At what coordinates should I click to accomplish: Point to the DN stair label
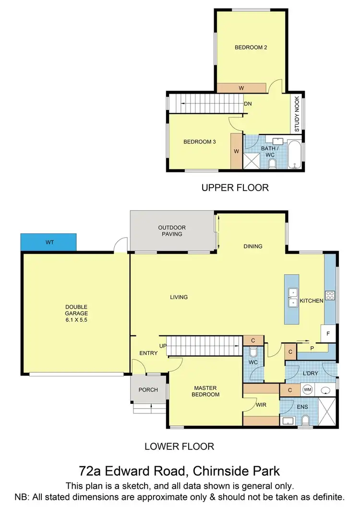tap(248, 104)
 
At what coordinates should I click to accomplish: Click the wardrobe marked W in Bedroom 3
tap(236, 151)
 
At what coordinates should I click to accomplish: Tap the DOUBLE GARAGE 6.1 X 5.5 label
tap(77, 313)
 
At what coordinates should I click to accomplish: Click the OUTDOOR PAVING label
tap(172, 230)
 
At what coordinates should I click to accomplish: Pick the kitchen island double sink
tap(292, 298)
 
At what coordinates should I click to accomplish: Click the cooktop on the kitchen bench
tap(330, 295)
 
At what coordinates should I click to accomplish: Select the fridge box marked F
tap(329, 333)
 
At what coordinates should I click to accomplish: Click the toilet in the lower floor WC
tap(252, 352)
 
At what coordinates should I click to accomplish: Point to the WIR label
tap(261, 405)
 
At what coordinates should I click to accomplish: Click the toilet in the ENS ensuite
tap(305, 422)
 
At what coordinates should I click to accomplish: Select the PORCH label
tap(148, 389)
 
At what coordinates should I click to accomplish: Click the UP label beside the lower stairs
tap(163, 346)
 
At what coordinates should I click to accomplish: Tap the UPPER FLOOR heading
tap(235, 188)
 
